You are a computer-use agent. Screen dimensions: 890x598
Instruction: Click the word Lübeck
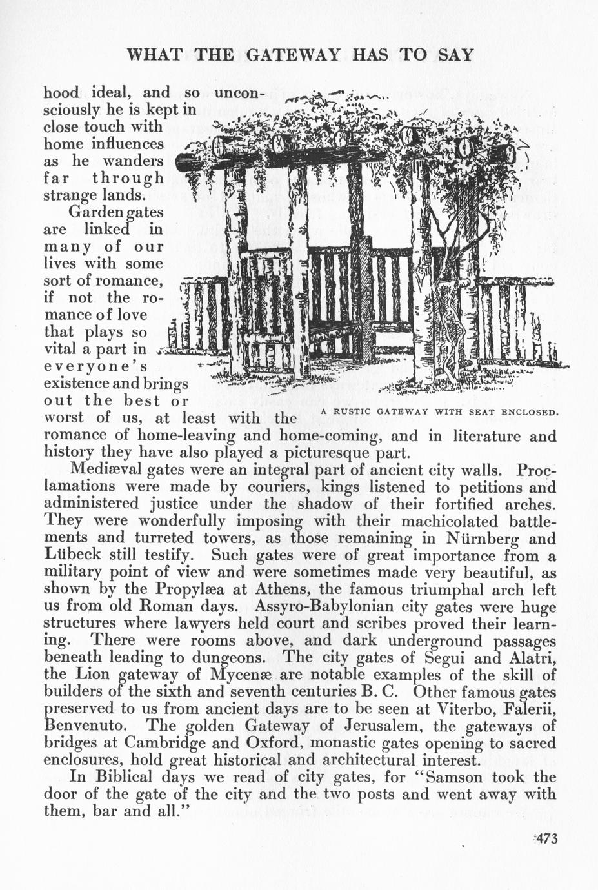[x=70, y=555]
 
